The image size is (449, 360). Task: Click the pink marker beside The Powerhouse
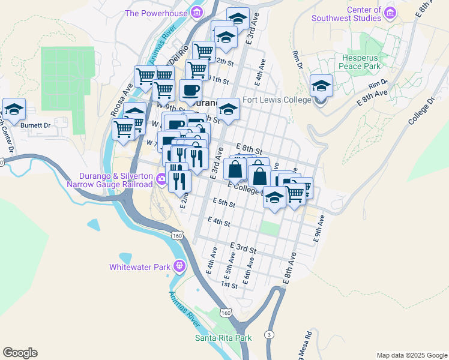pos(196,13)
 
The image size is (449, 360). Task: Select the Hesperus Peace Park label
pos(360,62)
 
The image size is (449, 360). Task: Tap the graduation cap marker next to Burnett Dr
pos(14,110)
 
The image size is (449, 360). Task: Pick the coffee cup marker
pos(191,91)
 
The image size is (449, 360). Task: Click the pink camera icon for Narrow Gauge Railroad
pos(161,179)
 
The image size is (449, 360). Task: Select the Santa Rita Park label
pos(223,338)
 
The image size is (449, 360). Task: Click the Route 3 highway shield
pos(270,334)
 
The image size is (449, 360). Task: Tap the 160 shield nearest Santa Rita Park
pos(225,313)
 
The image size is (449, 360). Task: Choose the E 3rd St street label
pos(243,247)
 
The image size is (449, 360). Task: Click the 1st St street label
pos(229,286)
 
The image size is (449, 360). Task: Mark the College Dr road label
pos(421,112)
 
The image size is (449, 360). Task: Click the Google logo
pos(20,353)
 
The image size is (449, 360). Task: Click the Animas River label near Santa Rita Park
pos(185,310)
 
